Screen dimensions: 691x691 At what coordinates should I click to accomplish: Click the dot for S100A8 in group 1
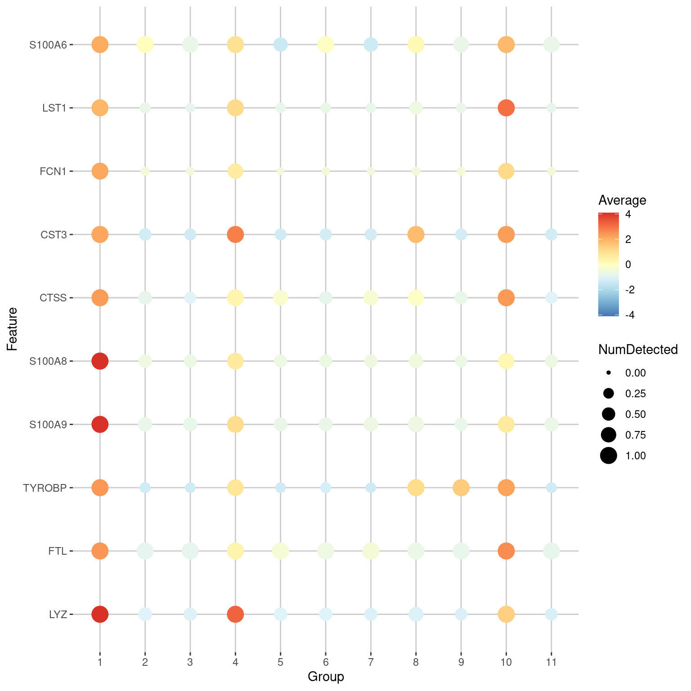[x=100, y=361]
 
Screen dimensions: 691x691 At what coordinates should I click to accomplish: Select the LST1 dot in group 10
[x=506, y=108]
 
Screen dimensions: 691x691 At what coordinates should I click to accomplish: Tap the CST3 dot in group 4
[x=235, y=234]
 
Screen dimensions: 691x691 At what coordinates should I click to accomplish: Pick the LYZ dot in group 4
[x=235, y=614]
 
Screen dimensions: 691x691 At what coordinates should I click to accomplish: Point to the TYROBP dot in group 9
[x=461, y=488]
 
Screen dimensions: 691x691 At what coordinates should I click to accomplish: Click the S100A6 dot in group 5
[x=281, y=45]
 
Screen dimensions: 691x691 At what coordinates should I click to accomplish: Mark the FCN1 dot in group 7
[x=371, y=171]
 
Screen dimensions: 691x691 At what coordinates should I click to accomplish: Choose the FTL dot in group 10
[x=506, y=551]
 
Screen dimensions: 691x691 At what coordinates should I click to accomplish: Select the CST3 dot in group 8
[x=416, y=234]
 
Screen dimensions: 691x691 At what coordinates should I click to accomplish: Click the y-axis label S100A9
[x=48, y=424]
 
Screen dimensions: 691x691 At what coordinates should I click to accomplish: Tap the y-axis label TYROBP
[x=45, y=488]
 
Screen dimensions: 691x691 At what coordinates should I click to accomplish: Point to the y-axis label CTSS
[x=53, y=298]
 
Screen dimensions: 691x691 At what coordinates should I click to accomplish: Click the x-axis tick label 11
[x=551, y=662]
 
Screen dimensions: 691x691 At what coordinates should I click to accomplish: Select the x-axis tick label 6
[x=326, y=662]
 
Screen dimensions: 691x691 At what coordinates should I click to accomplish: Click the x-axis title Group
[x=326, y=677]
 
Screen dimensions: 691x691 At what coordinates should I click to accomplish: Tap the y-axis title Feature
[x=12, y=329]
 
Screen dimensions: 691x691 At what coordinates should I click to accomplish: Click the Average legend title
[x=622, y=200]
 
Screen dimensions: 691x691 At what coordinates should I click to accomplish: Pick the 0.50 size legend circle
[x=609, y=414]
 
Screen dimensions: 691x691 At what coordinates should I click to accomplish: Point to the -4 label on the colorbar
[x=630, y=315]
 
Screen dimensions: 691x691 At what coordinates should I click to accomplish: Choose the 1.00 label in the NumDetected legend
[x=635, y=456]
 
